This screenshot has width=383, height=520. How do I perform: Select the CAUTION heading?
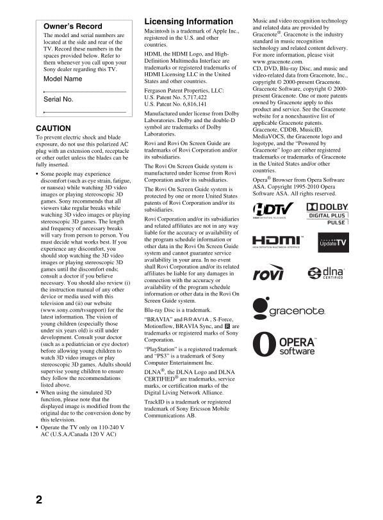pyautogui.click(x=53, y=129)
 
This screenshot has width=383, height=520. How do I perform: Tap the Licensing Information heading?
pyautogui.click(x=188, y=22)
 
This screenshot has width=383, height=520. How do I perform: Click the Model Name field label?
pyautogui.click(x=63, y=79)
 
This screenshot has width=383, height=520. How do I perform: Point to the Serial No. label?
pyautogui.click(x=58, y=100)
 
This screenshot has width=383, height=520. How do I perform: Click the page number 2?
pyautogui.click(x=39, y=500)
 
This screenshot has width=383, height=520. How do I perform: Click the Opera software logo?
pyautogui.click(x=285, y=346)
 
